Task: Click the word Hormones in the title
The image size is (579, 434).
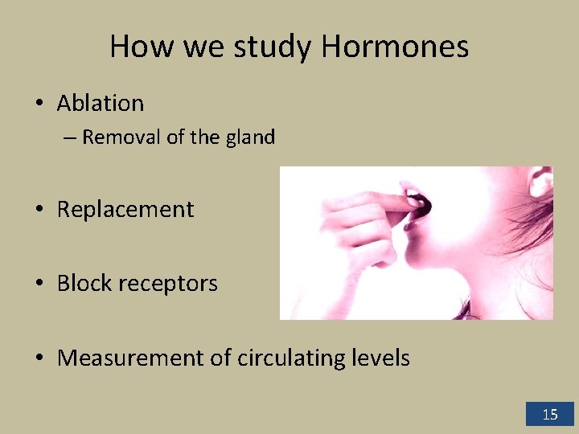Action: tap(395, 47)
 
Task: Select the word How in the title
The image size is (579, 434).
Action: tap(142, 47)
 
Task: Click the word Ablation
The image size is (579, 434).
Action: tap(101, 103)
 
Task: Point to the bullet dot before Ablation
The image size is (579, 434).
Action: tap(38, 104)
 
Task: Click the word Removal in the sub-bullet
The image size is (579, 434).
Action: tap(121, 137)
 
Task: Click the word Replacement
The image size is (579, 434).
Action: tap(125, 209)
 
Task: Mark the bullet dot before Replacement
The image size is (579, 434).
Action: tap(38, 210)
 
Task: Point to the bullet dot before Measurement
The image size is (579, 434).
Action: tap(38, 358)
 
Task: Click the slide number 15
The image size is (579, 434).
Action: tap(550, 415)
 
